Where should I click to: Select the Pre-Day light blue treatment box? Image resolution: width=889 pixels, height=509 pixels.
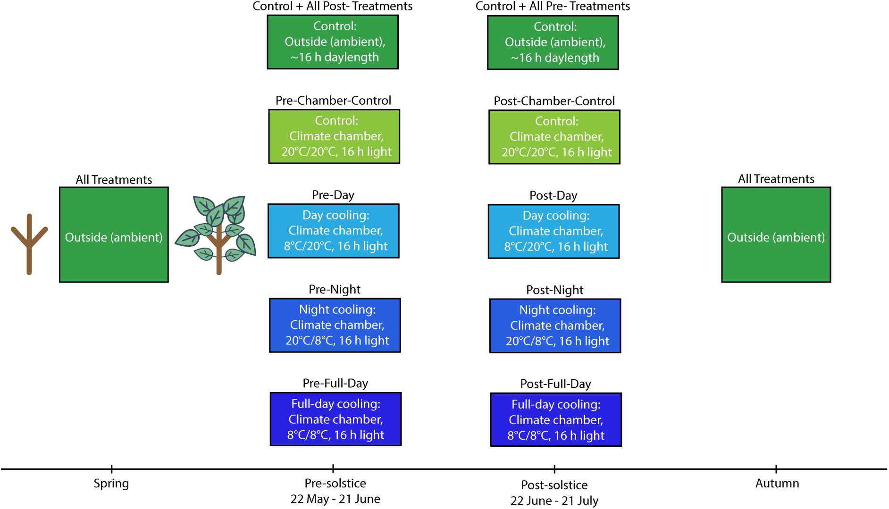click(x=334, y=231)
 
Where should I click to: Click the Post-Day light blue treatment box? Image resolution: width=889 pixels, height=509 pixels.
click(x=554, y=231)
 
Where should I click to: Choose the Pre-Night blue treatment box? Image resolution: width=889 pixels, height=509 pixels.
click(x=335, y=325)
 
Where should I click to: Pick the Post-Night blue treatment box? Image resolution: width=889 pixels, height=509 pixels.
click(x=555, y=325)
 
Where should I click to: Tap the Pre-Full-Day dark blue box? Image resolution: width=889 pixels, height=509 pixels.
click(x=335, y=419)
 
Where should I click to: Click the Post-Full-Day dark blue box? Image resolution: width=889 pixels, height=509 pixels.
click(x=556, y=419)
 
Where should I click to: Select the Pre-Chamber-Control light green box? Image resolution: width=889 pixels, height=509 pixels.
click(x=334, y=136)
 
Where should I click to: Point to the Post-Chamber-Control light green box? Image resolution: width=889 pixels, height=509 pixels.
click(x=554, y=137)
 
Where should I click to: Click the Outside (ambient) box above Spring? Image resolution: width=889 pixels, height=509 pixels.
click(x=114, y=235)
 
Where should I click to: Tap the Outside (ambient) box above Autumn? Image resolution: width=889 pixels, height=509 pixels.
click(x=776, y=235)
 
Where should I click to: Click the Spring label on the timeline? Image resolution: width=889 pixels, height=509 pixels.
click(x=111, y=484)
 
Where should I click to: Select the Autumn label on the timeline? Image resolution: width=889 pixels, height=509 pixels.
click(x=777, y=484)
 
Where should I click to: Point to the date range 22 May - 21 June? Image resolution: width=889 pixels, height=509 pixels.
click(x=335, y=499)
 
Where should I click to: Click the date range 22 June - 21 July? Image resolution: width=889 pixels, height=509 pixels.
click(x=554, y=501)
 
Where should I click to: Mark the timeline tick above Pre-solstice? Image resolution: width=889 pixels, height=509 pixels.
click(x=333, y=469)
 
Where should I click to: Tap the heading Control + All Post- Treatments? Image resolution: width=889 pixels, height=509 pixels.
click(x=333, y=6)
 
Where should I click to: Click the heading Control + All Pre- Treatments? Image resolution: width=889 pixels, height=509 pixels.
click(x=553, y=6)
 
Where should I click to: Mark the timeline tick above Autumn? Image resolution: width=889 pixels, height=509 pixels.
click(x=776, y=469)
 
